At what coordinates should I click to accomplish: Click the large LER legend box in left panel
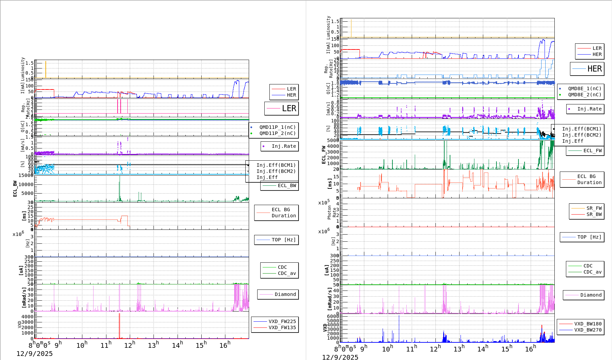tap(281, 108)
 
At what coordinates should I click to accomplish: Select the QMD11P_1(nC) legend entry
tap(277, 127)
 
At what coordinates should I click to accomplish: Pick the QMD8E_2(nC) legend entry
tap(584, 95)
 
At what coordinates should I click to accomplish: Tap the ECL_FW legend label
tap(592, 151)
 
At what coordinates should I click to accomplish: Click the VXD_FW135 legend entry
tap(282, 327)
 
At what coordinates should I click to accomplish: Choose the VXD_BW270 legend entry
tap(588, 330)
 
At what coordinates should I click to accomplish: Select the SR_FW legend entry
tap(594, 208)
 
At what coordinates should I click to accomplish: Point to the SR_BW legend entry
tap(594, 214)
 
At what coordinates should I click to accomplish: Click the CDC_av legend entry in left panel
tap(287, 273)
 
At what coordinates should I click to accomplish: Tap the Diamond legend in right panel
tap(591, 295)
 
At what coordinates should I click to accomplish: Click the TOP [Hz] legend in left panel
tap(283, 240)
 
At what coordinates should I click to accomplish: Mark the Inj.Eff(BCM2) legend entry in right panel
tap(582, 135)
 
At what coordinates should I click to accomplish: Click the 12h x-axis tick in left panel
tap(129, 345)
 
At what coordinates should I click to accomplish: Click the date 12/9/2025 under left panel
tap(35, 354)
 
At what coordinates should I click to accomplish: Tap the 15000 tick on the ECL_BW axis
tap(26, 175)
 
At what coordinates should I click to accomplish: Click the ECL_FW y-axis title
tap(324, 155)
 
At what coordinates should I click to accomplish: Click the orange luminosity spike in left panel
tap(46, 69)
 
